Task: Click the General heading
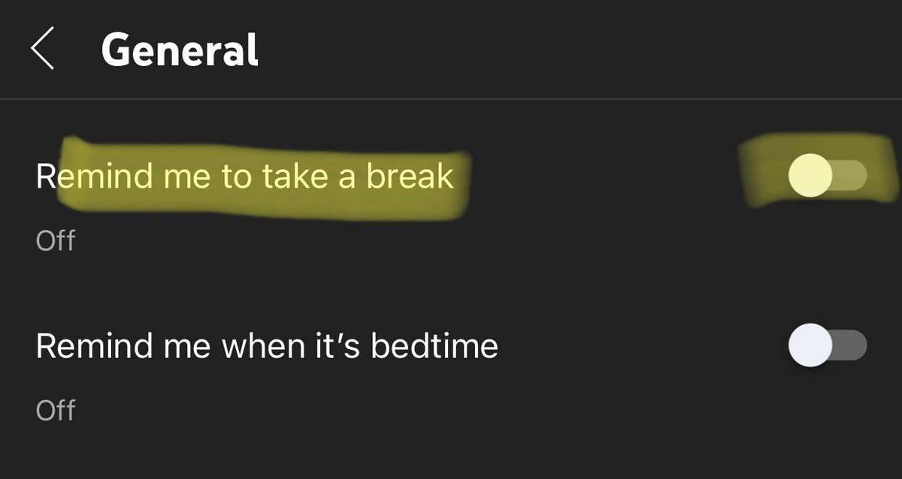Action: pos(180,50)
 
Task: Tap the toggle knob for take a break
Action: pos(810,176)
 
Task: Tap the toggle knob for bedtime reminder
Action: pos(810,346)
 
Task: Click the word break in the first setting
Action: pos(410,176)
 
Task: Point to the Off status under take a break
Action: pos(56,240)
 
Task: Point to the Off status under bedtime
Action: pos(56,411)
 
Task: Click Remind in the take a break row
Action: pos(89,176)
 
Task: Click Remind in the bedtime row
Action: pos(89,346)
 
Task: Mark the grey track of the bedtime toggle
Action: pos(849,346)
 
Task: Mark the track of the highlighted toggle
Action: pos(849,176)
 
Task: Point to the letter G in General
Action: pos(117,50)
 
